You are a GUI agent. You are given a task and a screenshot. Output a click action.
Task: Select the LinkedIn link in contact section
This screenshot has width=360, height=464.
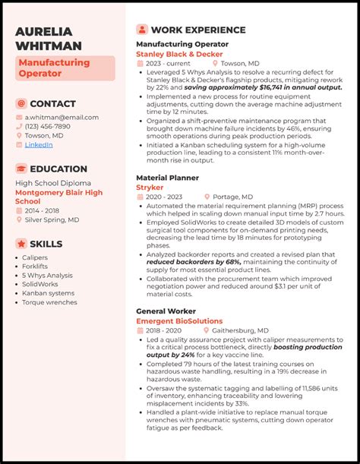39,144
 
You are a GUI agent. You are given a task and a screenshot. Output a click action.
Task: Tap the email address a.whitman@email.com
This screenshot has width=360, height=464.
62,118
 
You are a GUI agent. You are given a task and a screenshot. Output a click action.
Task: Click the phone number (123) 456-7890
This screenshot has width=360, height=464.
48,127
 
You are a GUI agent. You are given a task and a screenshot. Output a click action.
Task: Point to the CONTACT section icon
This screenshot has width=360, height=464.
21,103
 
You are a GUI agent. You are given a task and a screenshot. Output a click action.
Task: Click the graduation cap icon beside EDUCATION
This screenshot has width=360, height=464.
21,169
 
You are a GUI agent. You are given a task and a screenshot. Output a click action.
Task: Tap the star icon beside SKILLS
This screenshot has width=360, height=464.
21,244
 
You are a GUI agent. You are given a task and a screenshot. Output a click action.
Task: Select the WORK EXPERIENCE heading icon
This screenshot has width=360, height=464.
142,30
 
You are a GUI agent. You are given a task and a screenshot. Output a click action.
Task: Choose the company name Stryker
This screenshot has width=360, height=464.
150,187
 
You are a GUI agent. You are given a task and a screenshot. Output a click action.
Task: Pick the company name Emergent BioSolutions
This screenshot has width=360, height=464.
179,321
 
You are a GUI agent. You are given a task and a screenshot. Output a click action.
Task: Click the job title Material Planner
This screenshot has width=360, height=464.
167,178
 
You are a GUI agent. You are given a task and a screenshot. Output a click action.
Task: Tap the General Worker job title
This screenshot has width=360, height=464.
166,311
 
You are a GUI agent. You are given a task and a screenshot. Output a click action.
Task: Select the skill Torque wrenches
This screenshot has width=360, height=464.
49,302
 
